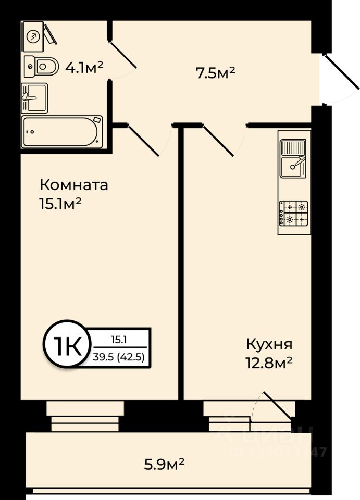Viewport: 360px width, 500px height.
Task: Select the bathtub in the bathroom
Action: pyautogui.click(x=61, y=131)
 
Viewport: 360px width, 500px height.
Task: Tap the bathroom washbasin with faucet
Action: pyautogui.click(x=34, y=97)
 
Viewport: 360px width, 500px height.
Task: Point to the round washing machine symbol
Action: pyautogui.click(x=33, y=36)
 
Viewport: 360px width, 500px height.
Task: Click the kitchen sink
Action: pyautogui.click(x=294, y=159)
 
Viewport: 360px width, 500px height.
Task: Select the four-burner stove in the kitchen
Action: pyautogui.click(x=294, y=213)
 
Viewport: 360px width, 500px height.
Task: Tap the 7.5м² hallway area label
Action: pyautogui.click(x=215, y=73)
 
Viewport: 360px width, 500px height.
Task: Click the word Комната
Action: pyautogui.click(x=74, y=185)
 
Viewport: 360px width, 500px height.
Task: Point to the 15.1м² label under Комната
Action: pyautogui.click(x=60, y=204)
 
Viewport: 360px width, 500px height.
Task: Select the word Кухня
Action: pyautogui.click(x=269, y=344)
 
